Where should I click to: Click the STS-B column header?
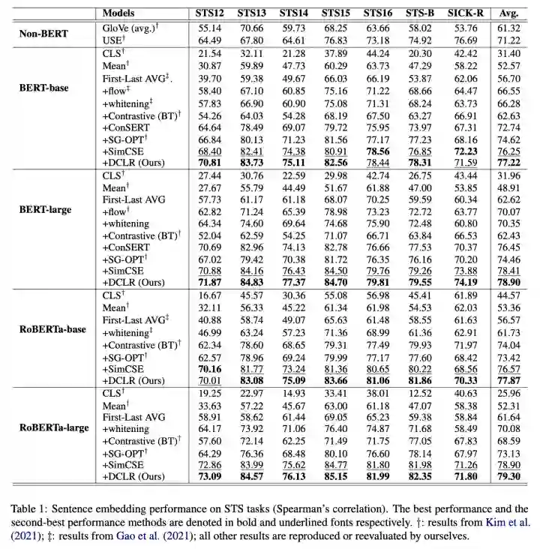pyautogui.click(x=421, y=13)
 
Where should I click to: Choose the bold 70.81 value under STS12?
pyautogui.click(x=208, y=161)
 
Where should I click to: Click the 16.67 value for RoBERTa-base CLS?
pyautogui.click(x=208, y=297)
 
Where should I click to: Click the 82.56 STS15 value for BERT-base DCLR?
pyautogui.click(x=336, y=161)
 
